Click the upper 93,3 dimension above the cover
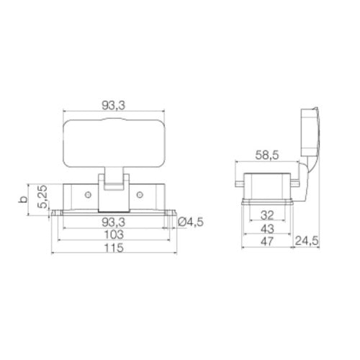(x=114, y=105)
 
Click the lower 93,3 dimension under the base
(x=114, y=222)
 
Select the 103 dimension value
(x=114, y=234)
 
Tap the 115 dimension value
(x=114, y=248)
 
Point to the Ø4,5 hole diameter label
(x=191, y=222)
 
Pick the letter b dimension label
(x=23, y=199)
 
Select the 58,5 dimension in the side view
(x=267, y=156)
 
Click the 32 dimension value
(x=267, y=215)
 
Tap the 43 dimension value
(x=267, y=229)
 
